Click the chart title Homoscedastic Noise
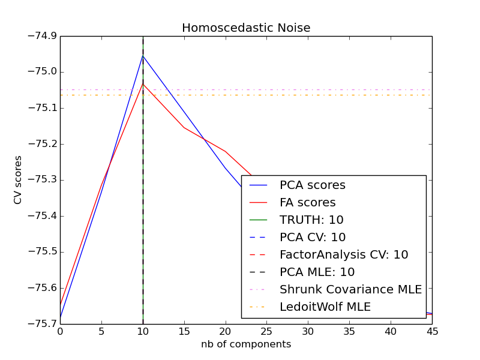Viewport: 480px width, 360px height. click(x=246, y=28)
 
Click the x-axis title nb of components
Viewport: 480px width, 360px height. click(x=246, y=344)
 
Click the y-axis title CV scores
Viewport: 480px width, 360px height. click(x=18, y=179)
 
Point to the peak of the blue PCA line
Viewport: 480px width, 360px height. click(x=143, y=56)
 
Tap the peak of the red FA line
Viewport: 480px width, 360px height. click(x=143, y=83)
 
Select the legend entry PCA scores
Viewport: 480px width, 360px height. click(x=312, y=185)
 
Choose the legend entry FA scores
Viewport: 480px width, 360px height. click(x=307, y=203)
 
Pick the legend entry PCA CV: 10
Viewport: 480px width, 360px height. click(x=313, y=238)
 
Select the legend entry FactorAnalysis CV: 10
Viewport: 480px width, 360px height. click(x=344, y=255)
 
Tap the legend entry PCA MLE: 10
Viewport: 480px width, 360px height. click(x=317, y=272)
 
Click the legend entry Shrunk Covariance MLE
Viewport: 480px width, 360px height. click(x=350, y=290)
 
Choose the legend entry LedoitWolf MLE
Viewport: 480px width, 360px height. click(x=325, y=307)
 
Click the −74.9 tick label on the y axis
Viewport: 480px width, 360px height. click(x=41, y=36)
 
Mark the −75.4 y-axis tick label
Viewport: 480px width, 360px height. click(x=41, y=216)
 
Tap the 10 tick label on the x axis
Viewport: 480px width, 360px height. click(x=143, y=332)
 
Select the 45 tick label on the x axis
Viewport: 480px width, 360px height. click(x=431, y=332)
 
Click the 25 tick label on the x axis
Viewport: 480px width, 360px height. click(x=266, y=332)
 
